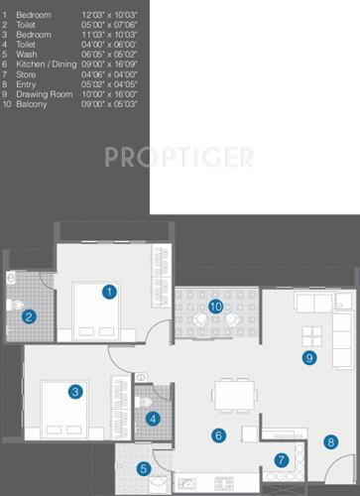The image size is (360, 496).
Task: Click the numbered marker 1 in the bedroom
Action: click(x=109, y=292)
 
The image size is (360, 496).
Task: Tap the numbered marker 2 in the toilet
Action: click(x=30, y=317)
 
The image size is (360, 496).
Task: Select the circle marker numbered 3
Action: click(x=75, y=392)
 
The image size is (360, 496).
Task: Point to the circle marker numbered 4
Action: click(x=153, y=419)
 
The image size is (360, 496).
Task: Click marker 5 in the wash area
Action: click(x=144, y=468)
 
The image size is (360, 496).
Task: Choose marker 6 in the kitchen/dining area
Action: click(x=218, y=434)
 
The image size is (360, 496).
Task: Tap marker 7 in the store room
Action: click(x=281, y=459)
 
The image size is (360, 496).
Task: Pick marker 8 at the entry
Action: click(x=329, y=442)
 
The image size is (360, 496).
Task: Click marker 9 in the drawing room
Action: click(x=309, y=357)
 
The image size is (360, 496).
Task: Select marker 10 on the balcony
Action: click(x=215, y=306)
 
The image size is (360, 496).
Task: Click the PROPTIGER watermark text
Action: click(x=180, y=157)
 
